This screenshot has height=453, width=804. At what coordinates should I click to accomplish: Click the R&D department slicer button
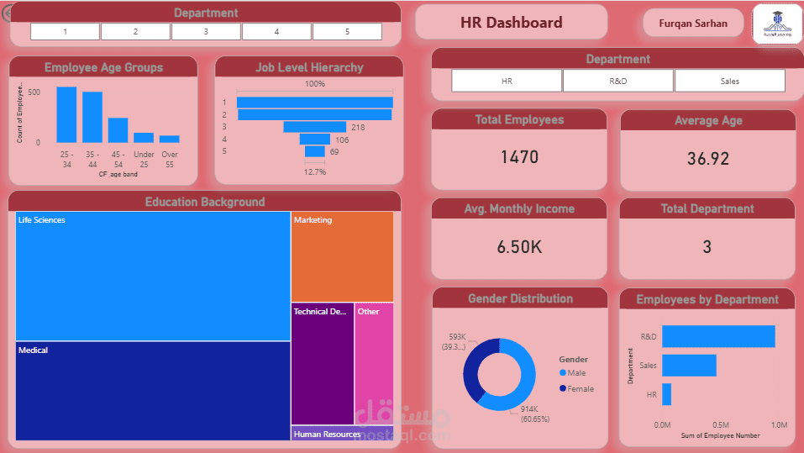click(x=617, y=81)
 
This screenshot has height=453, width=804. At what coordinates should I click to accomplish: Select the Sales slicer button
click(x=729, y=81)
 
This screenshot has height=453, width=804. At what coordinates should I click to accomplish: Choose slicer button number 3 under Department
click(x=206, y=32)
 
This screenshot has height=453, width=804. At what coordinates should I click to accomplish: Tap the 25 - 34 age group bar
click(x=66, y=115)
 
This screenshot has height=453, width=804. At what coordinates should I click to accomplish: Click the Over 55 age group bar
click(x=170, y=139)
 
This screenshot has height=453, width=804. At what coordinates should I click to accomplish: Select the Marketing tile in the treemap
click(x=342, y=257)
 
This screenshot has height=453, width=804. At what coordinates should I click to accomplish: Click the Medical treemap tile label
click(x=34, y=350)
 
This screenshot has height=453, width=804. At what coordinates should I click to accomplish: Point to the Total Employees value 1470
click(x=519, y=157)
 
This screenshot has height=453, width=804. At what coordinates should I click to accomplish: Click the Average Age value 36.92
click(x=707, y=158)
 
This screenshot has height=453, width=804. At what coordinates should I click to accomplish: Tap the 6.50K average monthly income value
click(x=519, y=247)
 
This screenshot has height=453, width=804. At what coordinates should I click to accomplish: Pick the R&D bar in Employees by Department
click(x=718, y=336)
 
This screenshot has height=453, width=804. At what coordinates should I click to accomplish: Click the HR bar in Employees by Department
click(x=666, y=394)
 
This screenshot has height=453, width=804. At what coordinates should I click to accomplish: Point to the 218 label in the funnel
click(x=358, y=127)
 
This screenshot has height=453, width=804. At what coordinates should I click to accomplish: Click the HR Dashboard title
click(x=511, y=23)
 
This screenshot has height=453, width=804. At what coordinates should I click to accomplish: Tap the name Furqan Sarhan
click(x=694, y=24)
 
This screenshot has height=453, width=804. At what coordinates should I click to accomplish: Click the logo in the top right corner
click(x=777, y=24)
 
